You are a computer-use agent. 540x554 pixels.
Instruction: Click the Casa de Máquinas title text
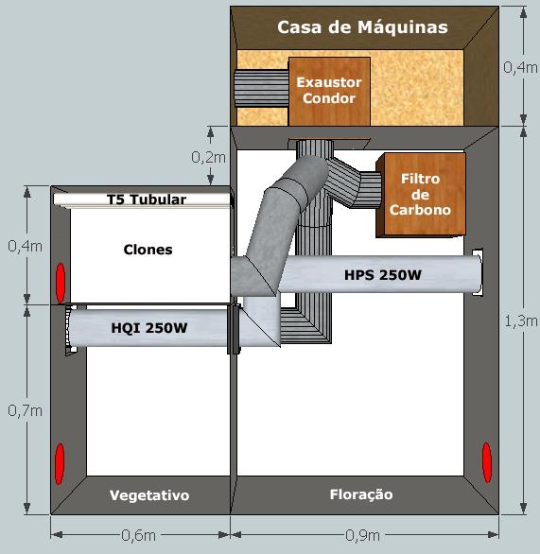362,27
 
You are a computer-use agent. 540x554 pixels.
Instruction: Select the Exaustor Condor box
329,91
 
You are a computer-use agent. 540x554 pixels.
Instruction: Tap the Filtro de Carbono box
421,195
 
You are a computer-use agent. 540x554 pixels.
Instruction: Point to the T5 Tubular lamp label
147,199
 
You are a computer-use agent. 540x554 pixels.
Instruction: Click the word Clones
148,250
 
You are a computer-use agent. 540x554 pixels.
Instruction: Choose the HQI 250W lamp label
149,328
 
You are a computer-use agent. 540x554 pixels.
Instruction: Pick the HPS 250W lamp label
383,275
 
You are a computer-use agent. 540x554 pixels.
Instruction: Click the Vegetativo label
149,495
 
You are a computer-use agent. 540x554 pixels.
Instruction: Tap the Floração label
361,494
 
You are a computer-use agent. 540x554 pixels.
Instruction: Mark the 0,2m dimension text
208,157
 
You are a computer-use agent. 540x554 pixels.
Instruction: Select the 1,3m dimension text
520,321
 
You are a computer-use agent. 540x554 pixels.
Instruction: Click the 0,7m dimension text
26,410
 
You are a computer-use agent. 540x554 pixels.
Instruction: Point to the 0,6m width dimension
138,535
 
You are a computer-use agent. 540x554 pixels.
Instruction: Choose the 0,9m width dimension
362,535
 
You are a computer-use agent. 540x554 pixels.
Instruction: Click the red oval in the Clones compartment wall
61,283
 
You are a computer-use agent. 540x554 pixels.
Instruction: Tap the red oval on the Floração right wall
487,462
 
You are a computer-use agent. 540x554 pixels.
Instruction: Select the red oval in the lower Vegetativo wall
60,463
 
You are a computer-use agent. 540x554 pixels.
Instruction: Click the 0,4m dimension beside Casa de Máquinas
520,67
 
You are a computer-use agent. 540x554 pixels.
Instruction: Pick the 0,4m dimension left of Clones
26,246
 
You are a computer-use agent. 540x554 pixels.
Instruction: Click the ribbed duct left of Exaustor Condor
262,88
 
